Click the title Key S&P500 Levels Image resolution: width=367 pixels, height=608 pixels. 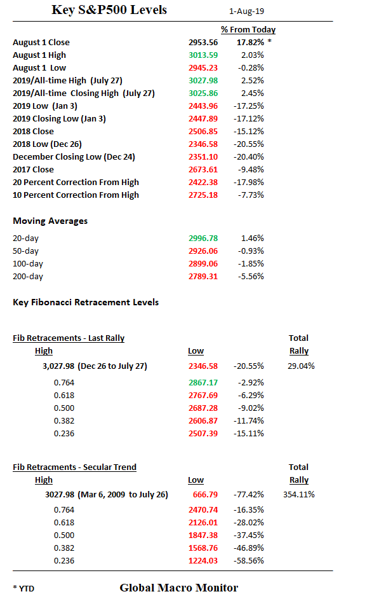coord(109,10)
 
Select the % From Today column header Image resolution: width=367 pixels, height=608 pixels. coord(248,29)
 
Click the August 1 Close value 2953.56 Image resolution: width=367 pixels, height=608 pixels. coord(203,42)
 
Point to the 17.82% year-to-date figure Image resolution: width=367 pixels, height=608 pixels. coord(250,42)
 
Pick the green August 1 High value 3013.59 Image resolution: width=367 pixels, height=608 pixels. coord(203,55)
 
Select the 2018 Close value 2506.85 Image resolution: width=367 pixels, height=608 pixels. coord(203,131)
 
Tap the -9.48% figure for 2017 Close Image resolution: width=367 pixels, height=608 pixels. coord(252,169)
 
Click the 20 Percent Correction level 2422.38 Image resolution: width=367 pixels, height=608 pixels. coord(203,182)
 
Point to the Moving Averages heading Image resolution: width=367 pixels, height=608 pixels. coord(50,221)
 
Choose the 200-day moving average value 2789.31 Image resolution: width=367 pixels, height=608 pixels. coord(203,276)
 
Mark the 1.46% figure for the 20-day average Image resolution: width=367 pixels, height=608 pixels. coord(253,238)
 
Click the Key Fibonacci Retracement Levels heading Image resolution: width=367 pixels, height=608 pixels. coord(86,302)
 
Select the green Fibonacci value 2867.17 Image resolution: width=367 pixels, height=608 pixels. coord(203,383)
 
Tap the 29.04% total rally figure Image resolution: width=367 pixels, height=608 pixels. coord(302,366)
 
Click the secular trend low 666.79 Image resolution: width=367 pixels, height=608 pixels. coord(204,494)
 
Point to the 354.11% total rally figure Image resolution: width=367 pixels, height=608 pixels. coord(299,494)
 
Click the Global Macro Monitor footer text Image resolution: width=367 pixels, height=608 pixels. coord(178,588)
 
